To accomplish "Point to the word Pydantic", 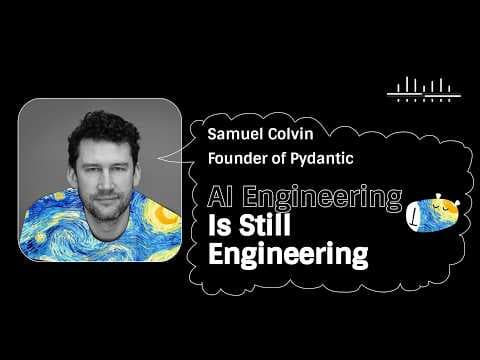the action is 322,159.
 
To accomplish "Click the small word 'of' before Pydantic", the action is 278,158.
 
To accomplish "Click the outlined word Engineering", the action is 322,198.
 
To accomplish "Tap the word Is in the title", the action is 220,225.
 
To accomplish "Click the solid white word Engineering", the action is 288,254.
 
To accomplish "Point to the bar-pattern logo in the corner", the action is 424,89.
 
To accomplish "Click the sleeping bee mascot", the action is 433,213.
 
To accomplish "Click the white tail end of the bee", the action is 412,217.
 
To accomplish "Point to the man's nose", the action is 105,180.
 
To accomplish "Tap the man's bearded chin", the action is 107,213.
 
